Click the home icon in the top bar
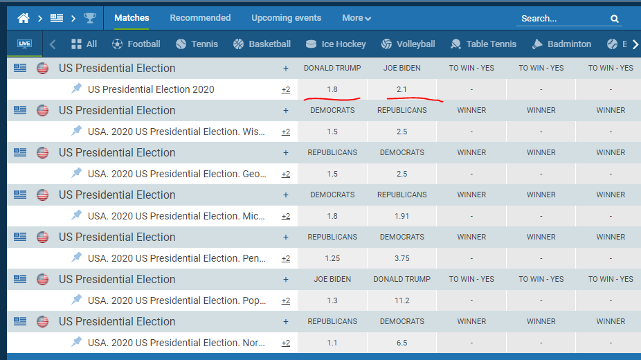(x=24, y=18)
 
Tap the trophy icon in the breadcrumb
(x=90, y=18)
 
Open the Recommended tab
(x=200, y=18)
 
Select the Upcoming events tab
(x=286, y=18)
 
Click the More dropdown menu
(x=356, y=18)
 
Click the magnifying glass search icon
(x=615, y=19)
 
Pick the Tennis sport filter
(x=197, y=44)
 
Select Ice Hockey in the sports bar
(x=336, y=44)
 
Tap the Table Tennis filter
(x=483, y=44)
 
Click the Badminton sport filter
(x=561, y=44)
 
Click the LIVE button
(x=24, y=44)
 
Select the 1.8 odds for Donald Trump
(x=332, y=89)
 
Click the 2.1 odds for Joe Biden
(x=402, y=89)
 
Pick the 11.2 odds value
(x=402, y=300)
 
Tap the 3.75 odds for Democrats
(x=402, y=258)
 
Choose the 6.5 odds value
(x=402, y=343)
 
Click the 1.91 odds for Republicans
(x=402, y=216)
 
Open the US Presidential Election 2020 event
(x=151, y=89)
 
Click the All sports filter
(x=84, y=44)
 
